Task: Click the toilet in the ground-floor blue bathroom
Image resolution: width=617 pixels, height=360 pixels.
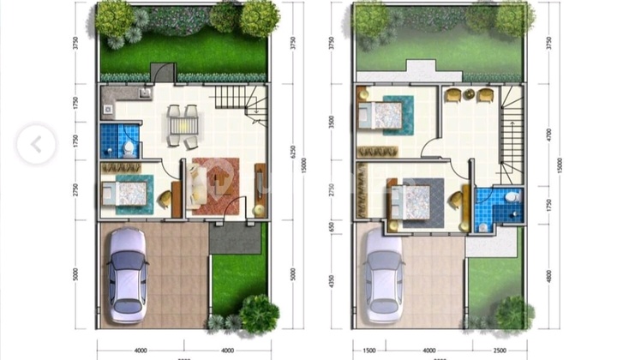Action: coord(129,147)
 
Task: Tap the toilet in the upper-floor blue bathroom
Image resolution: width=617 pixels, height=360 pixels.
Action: coord(511,198)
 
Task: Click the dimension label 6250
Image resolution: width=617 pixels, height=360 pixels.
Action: coord(293,152)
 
